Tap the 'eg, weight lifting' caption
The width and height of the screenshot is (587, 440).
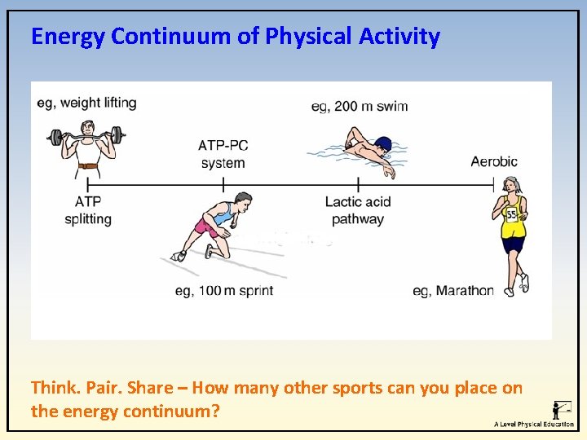coord(86,103)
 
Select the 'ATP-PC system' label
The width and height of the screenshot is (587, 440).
coord(223,154)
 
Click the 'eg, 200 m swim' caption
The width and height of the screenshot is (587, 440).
coord(360,106)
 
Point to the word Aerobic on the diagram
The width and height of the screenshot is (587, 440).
coord(493,161)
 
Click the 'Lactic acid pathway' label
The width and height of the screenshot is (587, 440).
coord(357,210)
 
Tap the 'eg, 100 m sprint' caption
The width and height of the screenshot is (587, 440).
coord(223,291)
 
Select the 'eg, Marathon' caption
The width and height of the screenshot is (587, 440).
coord(452,291)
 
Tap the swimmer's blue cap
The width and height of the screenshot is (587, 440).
coord(382,144)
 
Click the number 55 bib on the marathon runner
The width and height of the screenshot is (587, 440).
coord(511,215)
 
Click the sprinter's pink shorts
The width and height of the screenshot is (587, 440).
coord(206,226)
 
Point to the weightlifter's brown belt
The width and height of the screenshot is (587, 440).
coord(87,165)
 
